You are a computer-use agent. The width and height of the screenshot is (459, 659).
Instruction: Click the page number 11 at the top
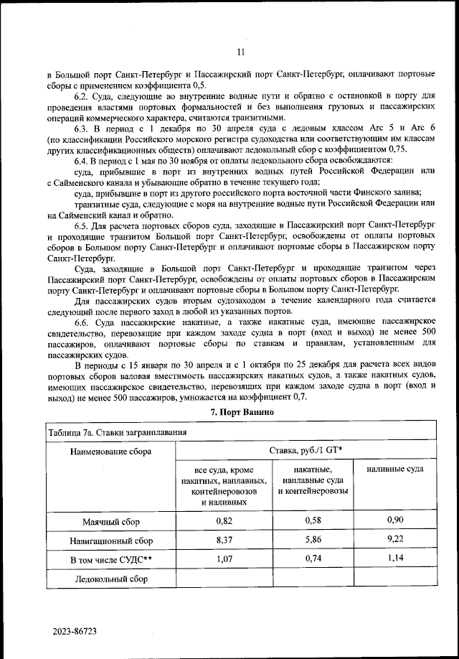[x=240, y=52]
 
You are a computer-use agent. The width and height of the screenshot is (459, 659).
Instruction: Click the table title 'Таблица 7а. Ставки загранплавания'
[x=117, y=432]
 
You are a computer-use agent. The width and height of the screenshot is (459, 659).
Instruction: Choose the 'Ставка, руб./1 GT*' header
[x=306, y=452]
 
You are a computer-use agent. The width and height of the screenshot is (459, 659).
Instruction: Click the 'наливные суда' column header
[x=394, y=469]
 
